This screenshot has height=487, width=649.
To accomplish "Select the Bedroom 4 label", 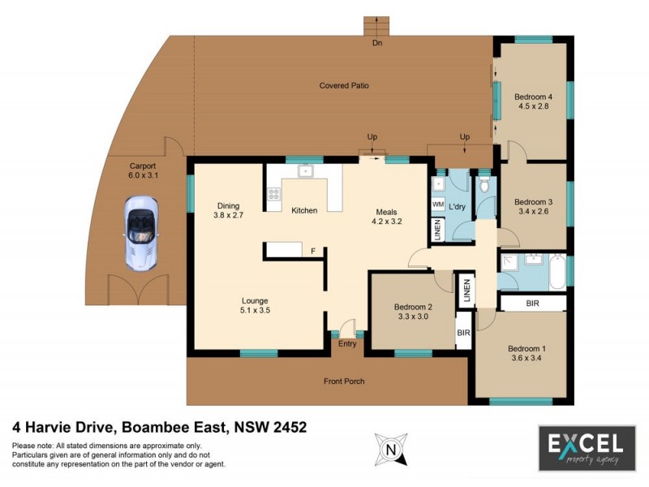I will click(x=534, y=97).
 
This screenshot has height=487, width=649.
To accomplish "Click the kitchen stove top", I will click(x=274, y=194).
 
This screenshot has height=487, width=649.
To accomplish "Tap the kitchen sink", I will click(x=305, y=171).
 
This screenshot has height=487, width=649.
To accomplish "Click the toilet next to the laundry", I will click(x=485, y=186).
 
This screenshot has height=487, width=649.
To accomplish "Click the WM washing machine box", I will click(x=438, y=205).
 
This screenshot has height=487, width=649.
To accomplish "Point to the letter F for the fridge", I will click(x=313, y=251).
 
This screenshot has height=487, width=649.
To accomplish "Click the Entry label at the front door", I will click(x=347, y=343).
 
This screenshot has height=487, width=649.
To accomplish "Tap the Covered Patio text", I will click(x=344, y=85).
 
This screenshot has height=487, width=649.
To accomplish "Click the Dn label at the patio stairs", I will click(x=377, y=42).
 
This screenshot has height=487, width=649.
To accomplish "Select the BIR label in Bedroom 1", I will click(x=533, y=303).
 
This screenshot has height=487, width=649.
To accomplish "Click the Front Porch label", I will click(x=344, y=381).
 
